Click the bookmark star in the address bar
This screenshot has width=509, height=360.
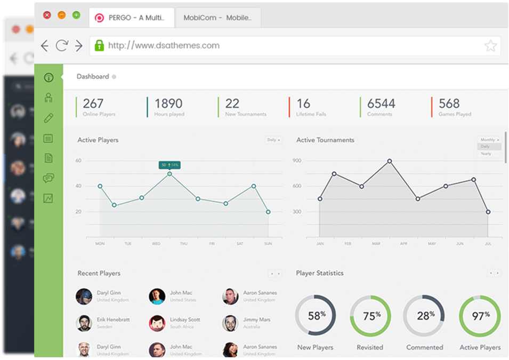[x=490, y=46]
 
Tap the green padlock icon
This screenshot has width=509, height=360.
[x=99, y=46]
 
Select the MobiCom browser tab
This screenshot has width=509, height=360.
[x=217, y=18]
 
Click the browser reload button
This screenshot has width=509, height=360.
[x=62, y=46]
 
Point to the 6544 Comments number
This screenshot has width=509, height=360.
[x=381, y=103]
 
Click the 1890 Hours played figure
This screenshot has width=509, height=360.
[x=168, y=103]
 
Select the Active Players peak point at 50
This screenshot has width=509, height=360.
[x=169, y=174]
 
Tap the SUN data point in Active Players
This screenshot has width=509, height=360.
[x=268, y=212]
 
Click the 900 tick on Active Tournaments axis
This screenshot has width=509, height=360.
[x=297, y=161]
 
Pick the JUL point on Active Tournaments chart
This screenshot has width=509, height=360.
[x=488, y=212]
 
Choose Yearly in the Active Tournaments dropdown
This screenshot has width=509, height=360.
[x=486, y=154]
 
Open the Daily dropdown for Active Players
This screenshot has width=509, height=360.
[x=274, y=140]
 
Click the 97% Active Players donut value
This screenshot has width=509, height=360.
[x=480, y=316]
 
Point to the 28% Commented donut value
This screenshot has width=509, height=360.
[x=425, y=316]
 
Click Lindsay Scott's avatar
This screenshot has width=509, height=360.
[x=157, y=323]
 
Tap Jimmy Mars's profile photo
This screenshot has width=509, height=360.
[x=230, y=323]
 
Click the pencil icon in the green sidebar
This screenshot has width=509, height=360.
[x=49, y=118]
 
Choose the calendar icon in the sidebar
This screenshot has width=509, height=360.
[x=49, y=138]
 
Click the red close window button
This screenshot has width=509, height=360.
[x=47, y=15]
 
